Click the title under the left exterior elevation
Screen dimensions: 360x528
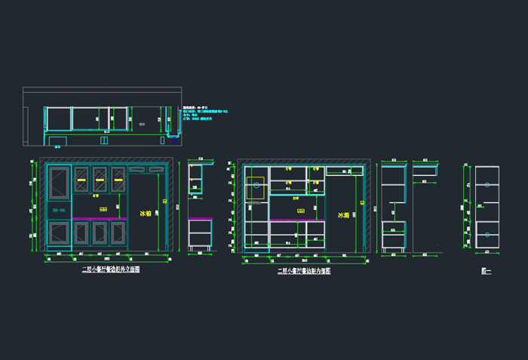pos(111,269)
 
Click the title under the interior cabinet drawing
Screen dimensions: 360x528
pos(304,271)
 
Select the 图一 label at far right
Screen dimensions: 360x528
pos(487,271)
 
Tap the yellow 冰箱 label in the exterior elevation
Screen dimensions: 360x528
pos(146,214)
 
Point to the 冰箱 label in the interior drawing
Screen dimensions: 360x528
pos(344,215)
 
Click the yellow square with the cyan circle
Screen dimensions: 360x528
pos(256,185)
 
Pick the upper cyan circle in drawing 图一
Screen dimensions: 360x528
pos(487,184)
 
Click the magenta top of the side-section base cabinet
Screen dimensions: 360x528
pos(200,219)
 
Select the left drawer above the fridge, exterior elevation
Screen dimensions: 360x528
pos(137,170)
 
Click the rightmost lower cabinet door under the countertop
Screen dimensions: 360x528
pos(118,233)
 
